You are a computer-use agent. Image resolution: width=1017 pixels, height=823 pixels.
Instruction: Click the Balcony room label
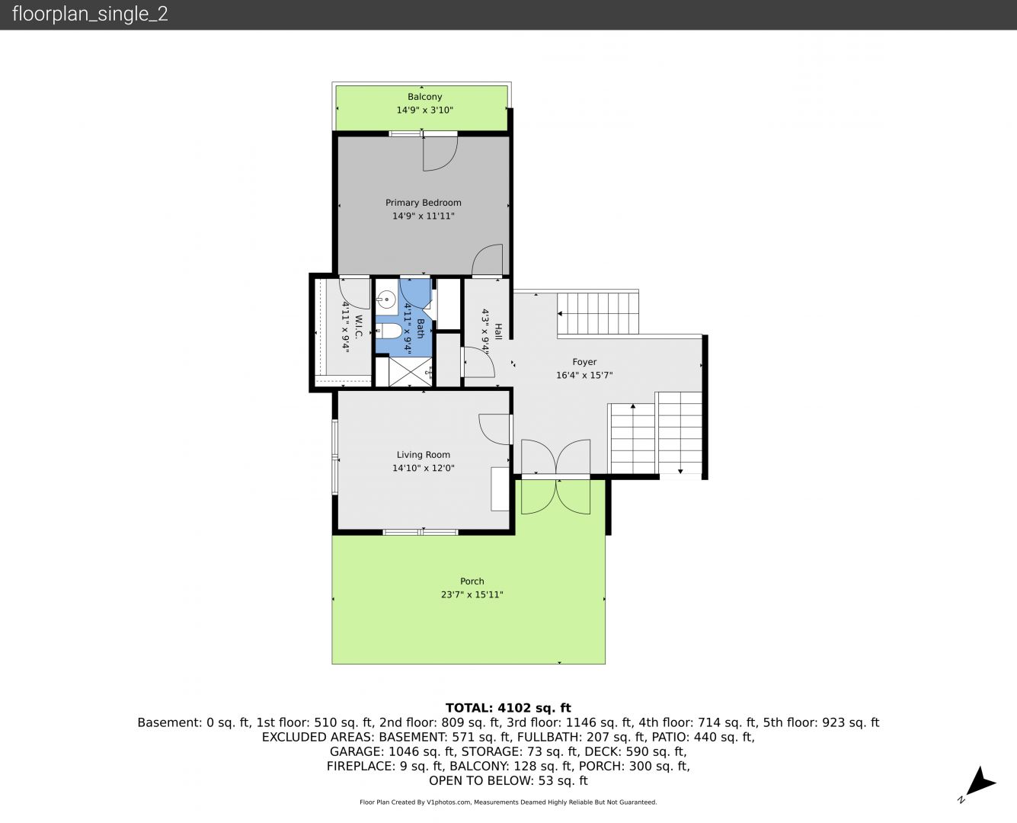point(424,97)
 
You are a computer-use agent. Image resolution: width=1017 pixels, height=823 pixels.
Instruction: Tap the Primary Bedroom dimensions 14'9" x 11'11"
point(423,216)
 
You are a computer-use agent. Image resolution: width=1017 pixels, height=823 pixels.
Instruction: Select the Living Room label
point(423,455)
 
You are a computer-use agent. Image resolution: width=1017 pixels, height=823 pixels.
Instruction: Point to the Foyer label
point(584,362)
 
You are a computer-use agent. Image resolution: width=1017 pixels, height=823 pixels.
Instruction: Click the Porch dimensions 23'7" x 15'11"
point(472,594)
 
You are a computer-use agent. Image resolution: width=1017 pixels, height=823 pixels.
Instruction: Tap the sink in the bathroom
point(385,300)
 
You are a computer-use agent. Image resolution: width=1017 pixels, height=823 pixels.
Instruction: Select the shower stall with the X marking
point(410,371)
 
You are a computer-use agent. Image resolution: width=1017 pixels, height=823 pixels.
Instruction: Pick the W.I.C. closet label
point(359,325)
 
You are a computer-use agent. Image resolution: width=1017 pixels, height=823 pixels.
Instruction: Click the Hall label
point(498,331)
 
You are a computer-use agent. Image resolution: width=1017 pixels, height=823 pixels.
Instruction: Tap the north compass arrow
point(980,782)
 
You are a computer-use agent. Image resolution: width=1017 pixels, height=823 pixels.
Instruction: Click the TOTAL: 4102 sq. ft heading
point(508,708)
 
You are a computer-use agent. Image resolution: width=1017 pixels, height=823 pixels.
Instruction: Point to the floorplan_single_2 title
point(90,14)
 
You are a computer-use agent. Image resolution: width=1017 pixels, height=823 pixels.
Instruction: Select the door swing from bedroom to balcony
point(440,154)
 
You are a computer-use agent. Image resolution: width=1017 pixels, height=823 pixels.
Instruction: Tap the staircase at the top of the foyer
point(598,313)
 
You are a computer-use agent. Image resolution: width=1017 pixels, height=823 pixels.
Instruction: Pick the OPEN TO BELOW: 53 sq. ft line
point(508,781)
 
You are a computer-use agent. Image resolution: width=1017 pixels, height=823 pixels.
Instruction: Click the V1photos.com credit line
point(508,802)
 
